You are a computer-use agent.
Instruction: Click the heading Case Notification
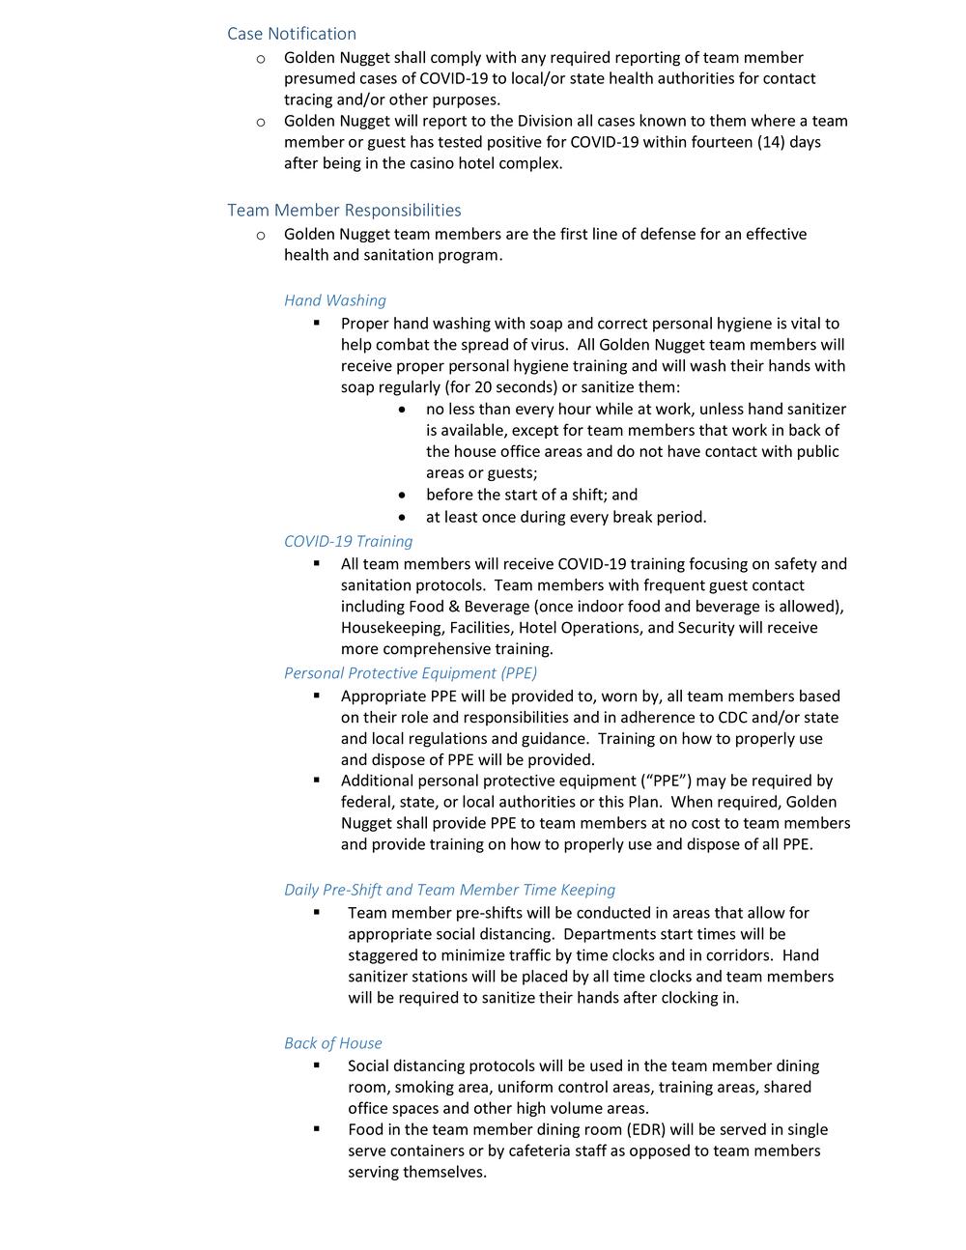pyautogui.click(x=292, y=34)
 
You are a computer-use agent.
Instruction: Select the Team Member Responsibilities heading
pyautogui.click(x=344, y=211)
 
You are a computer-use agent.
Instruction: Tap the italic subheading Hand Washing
pyautogui.click(x=334, y=300)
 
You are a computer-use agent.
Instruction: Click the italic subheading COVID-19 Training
pyautogui.click(x=348, y=541)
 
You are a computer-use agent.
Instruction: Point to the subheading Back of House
pyautogui.click(x=332, y=1043)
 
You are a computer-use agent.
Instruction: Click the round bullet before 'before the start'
pyautogui.click(x=402, y=496)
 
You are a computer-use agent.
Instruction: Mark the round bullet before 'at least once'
pyautogui.click(x=402, y=517)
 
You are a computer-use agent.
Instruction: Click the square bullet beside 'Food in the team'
pyautogui.click(x=317, y=1128)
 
